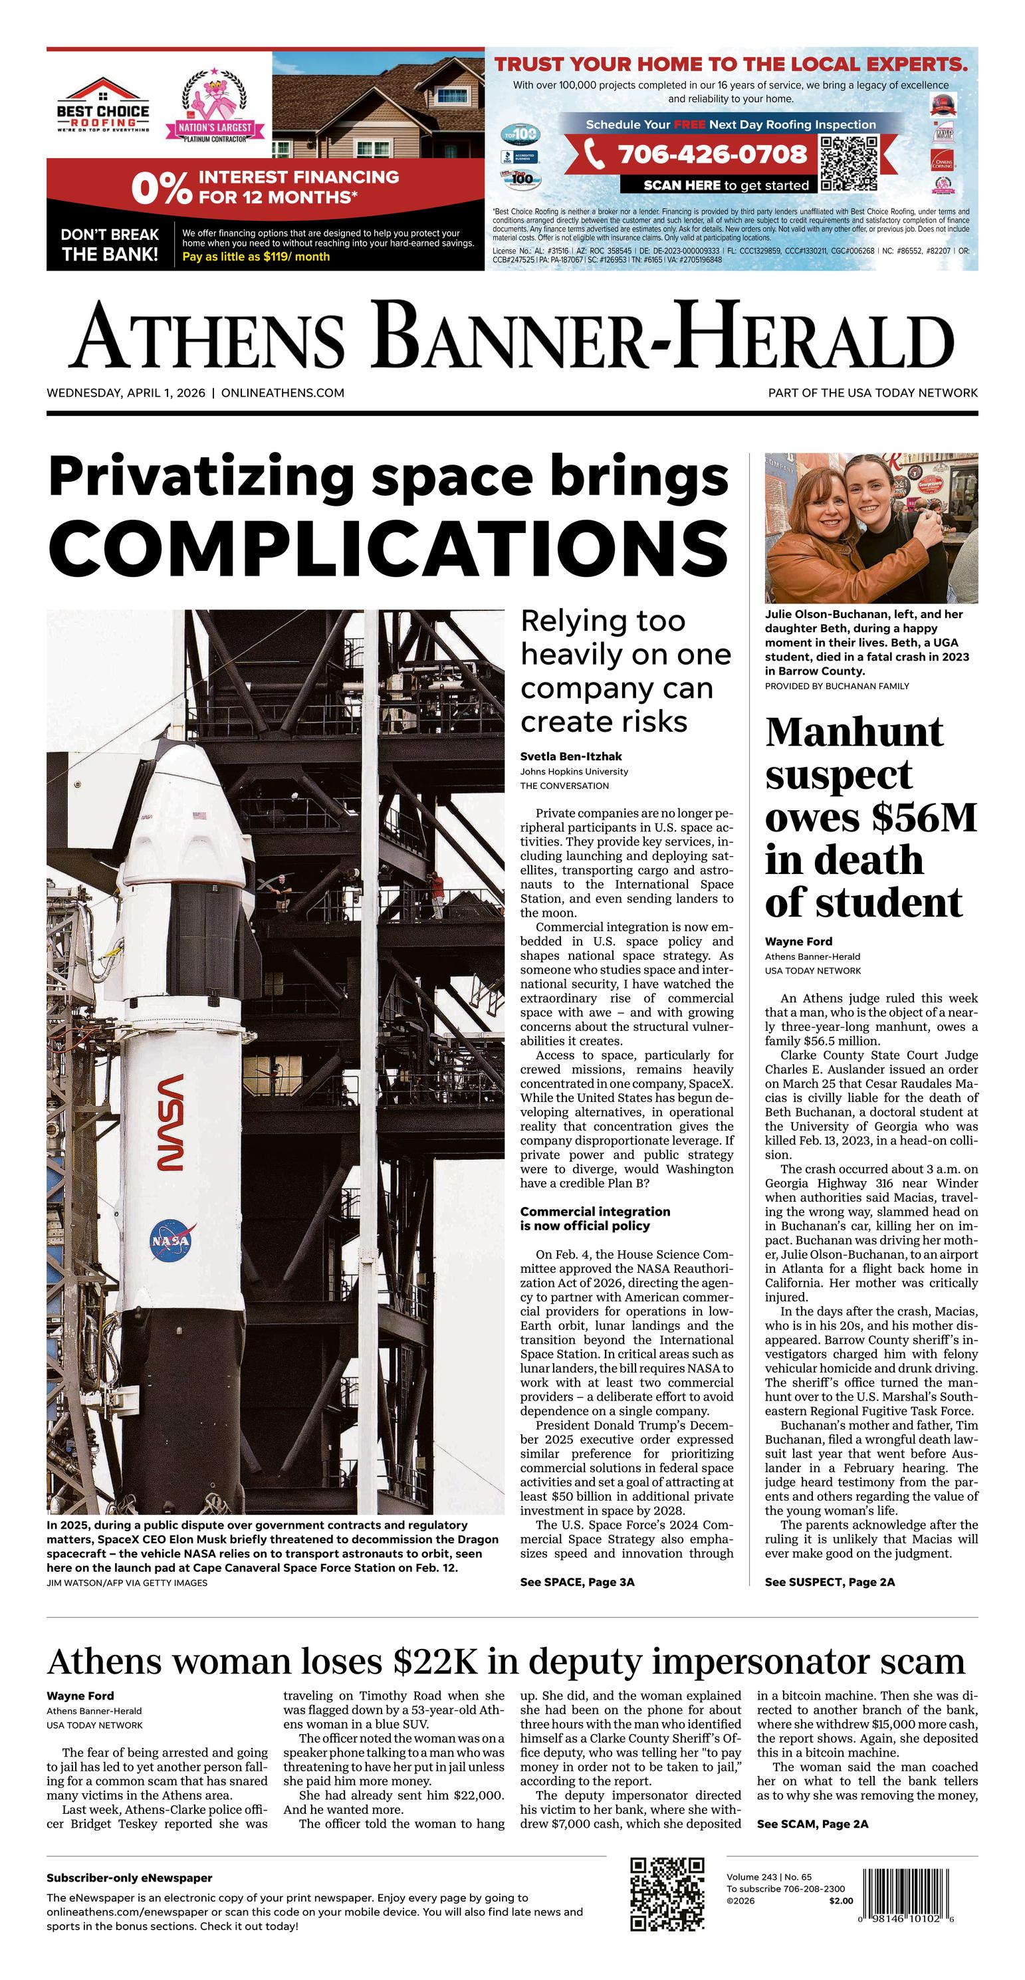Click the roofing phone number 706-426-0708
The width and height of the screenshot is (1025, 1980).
712,154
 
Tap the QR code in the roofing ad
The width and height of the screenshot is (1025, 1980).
848,162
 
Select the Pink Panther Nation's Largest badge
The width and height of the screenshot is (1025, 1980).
215,108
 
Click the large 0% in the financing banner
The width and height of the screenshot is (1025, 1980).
160,188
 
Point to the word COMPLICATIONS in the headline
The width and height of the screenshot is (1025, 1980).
388,545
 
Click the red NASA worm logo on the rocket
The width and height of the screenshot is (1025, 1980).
170,1121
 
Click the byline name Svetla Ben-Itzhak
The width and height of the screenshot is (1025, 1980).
570,756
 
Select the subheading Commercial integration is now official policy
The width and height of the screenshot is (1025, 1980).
594,1218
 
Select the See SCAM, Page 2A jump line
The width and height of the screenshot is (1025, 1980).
812,1823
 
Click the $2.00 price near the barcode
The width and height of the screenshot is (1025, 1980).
842,1901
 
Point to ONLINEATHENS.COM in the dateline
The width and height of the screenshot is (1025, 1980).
283,393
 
